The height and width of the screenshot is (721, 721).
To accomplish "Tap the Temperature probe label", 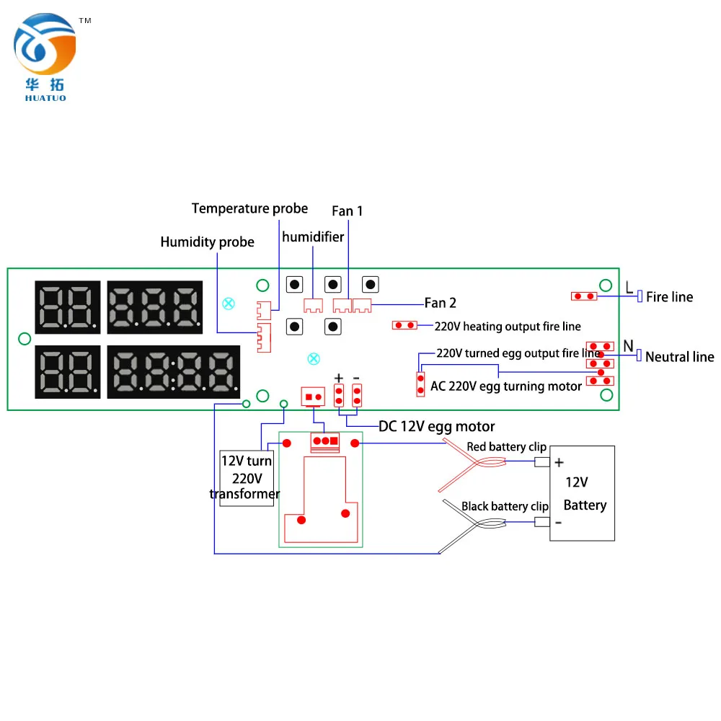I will [x=249, y=208].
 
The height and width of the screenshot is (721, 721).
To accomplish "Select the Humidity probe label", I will [x=207, y=242].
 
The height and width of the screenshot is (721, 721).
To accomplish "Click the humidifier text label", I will [x=313, y=236].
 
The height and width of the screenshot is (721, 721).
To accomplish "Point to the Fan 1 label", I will [x=348, y=211].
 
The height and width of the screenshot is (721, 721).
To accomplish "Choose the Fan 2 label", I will [x=440, y=303].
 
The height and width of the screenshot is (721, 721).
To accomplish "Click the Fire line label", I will [x=669, y=297].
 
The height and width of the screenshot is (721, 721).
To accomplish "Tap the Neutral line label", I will [x=679, y=357].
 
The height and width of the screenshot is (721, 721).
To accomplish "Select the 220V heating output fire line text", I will [x=508, y=327].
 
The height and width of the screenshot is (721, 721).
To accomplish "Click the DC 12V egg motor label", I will [x=437, y=426].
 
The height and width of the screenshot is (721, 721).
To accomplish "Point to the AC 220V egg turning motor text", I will [x=505, y=386].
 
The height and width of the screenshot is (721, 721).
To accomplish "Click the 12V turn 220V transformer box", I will [x=247, y=477].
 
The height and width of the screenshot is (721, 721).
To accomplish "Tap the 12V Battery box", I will [x=583, y=493].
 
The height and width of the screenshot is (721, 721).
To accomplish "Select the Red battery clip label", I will [x=506, y=447].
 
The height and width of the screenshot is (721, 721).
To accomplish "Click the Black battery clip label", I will [x=505, y=506].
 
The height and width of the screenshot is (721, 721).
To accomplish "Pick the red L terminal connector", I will [x=584, y=296].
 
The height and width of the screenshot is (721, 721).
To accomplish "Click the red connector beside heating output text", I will [x=404, y=325].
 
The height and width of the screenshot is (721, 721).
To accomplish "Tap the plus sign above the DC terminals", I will [x=339, y=379].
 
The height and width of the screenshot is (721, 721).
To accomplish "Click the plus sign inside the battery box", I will [x=559, y=463].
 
